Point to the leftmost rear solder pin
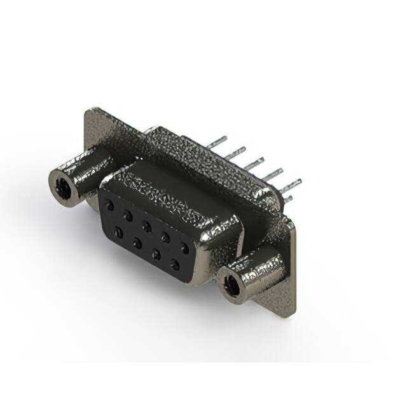click(x=218, y=140)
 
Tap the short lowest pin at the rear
click(x=288, y=198)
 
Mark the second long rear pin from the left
click(x=237, y=151)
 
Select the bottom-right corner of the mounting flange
click(x=293, y=314)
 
